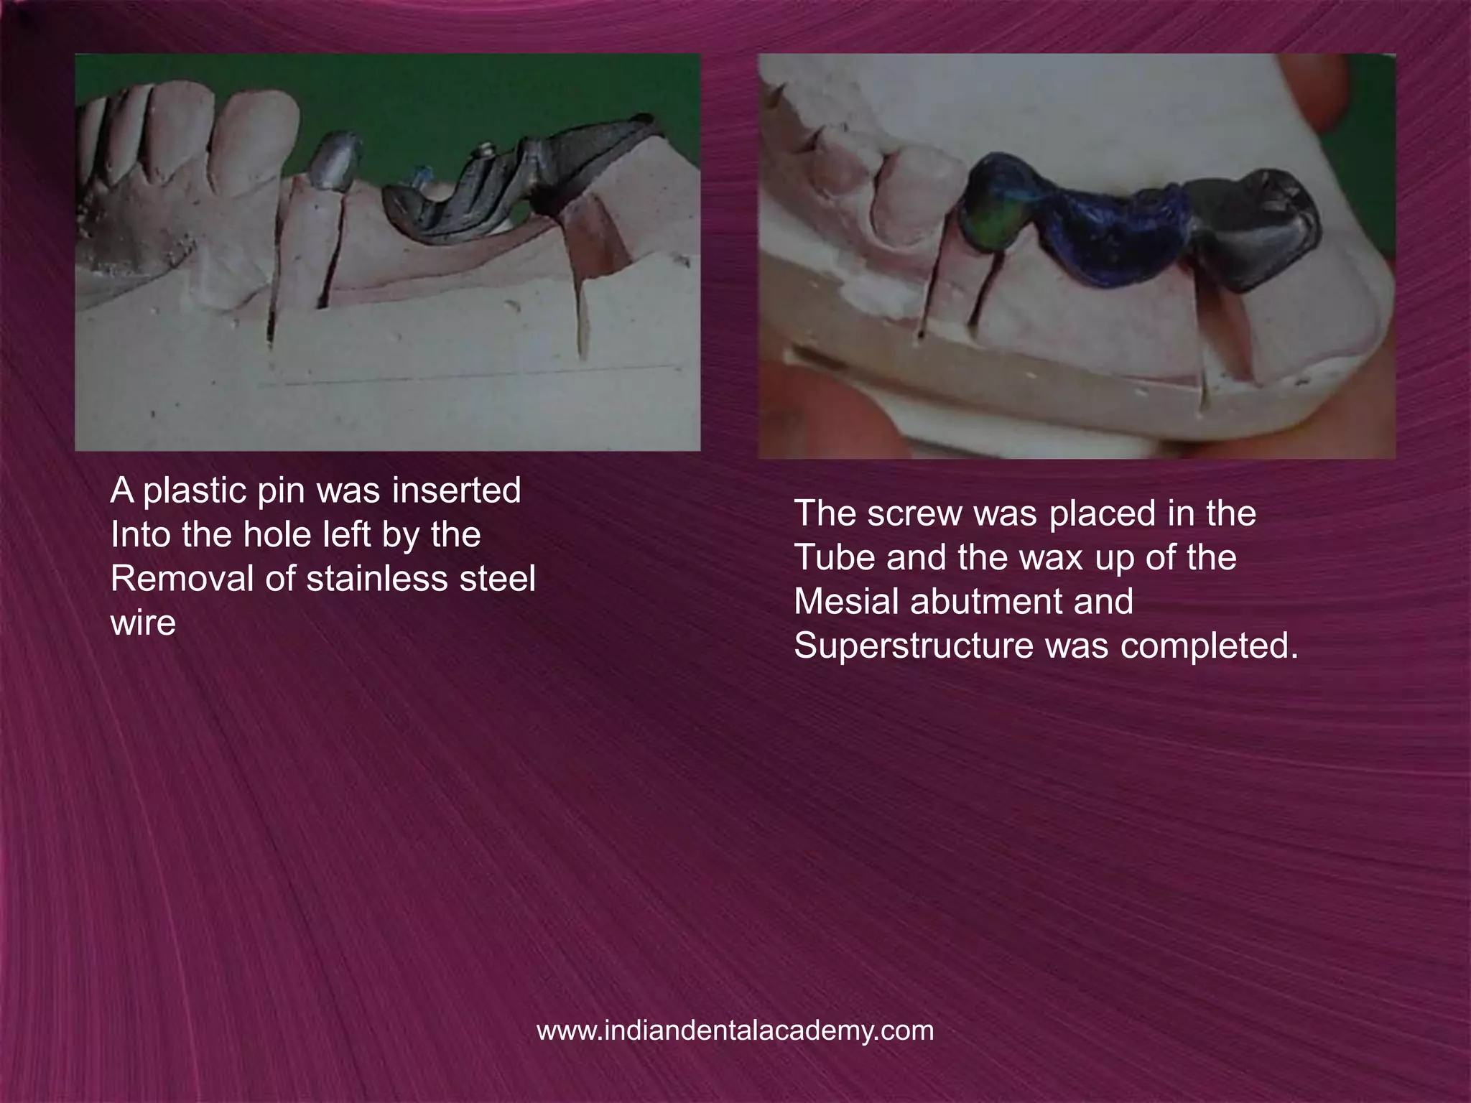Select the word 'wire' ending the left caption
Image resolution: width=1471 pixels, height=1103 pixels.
click(143, 623)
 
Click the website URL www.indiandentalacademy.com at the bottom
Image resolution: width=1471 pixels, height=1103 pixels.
click(735, 1030)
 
